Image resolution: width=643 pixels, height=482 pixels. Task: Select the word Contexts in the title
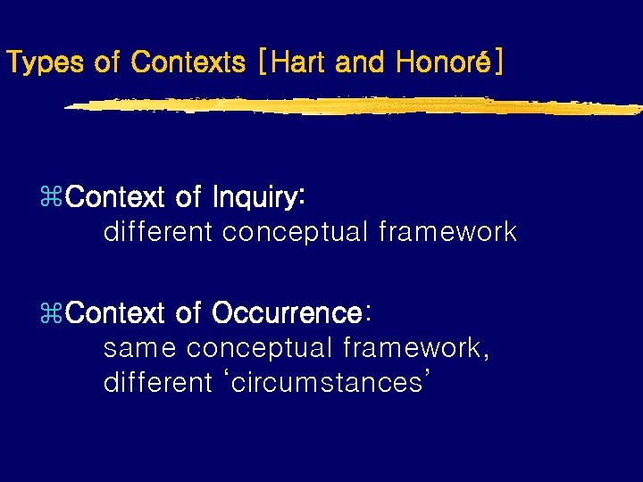point(188,62)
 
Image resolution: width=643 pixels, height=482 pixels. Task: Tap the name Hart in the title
point(300,62)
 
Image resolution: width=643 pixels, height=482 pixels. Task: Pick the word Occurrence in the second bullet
point(287,313)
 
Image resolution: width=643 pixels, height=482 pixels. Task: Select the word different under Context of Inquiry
point(158,232)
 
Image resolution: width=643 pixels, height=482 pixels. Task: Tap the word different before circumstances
point(158,383)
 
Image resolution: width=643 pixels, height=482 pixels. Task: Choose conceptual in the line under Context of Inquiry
point(295,232)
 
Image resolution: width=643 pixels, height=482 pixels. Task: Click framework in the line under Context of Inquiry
point(447,232)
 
